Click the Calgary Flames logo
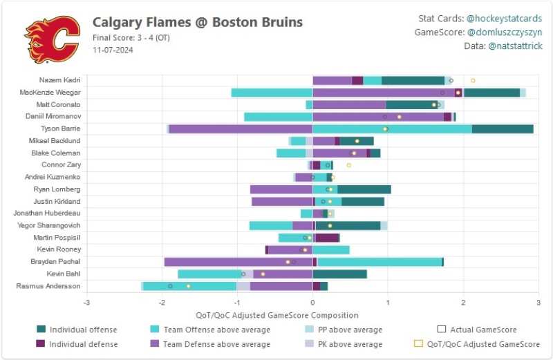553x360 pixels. tap(52, 39)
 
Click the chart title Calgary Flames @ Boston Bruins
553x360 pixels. tap(198, 22)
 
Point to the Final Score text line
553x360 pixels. tap(131, 37)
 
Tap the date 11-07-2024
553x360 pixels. tap(113, 50)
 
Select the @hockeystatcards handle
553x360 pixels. tap(509, 19)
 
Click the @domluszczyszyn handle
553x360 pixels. tap(508, 32)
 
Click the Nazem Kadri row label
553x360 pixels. tap(60, 80)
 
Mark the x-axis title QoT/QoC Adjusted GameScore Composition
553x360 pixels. tap(312, 315)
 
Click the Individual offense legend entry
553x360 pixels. tap(83, 330)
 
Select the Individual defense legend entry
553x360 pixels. tap(83, 344)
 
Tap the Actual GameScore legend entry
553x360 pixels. tap(482, 330)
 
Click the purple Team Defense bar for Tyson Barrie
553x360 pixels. tap(241, 129)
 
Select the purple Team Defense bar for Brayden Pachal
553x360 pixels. tap(238, 262)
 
